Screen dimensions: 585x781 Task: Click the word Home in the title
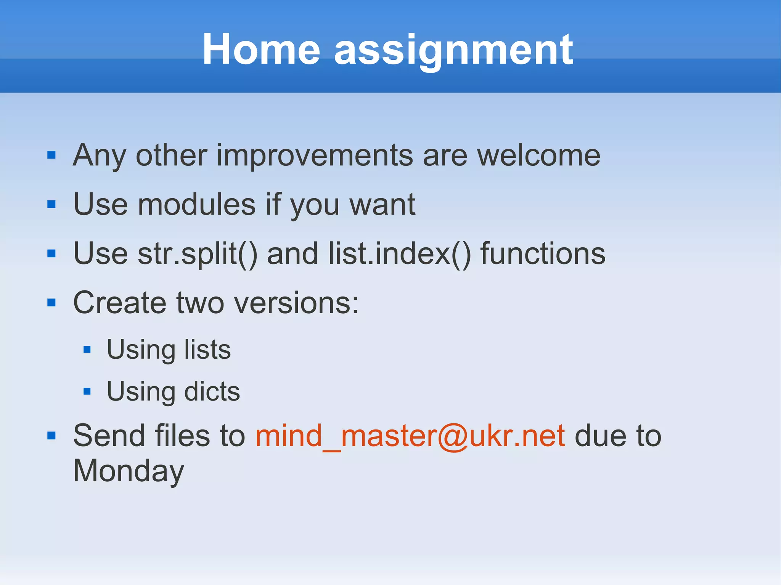click(x=261, y=50)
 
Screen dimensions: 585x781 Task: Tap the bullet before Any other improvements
click(x=51, y=155)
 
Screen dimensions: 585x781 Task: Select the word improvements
click(x=315, y=155)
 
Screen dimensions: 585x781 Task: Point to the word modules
click(x=196, y=205)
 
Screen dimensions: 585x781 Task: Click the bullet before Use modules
click(x=51, y=205)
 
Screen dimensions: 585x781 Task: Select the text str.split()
click(x=198, y=254)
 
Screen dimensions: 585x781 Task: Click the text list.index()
click(x=400, y=254)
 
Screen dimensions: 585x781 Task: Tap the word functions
click(x=543, y=254)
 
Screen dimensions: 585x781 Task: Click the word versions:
click(x=296, y=303)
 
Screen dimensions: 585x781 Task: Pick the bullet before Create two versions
click(x=51, y=303)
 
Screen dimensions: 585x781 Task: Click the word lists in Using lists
click(x=207, y=349)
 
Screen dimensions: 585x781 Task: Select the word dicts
click(x=212, y=391)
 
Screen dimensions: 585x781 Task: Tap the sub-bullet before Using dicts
click(x=87, y=391)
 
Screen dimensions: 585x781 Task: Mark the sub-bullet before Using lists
click(x=87, y=349)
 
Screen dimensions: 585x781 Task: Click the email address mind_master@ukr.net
click(x=410, y=436)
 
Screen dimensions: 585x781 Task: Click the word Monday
click(x=129, y=471)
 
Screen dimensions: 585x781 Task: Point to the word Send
click(x=109, y=436)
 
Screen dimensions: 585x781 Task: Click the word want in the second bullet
click(x=382, y=205)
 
